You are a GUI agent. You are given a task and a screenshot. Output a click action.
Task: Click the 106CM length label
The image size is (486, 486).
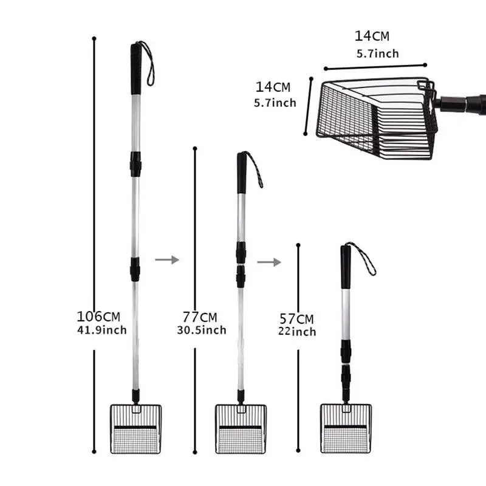point(98,316)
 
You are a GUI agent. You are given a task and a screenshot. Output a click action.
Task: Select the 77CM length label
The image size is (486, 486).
point(200,317)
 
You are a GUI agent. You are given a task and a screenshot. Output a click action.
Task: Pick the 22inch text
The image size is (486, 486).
point(298,332)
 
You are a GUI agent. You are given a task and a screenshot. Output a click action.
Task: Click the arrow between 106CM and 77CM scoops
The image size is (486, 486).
point(167,260)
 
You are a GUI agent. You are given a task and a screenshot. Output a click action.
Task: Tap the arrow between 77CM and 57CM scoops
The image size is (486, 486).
point(269,262)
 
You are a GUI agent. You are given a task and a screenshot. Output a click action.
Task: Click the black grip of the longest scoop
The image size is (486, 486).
point(136,69)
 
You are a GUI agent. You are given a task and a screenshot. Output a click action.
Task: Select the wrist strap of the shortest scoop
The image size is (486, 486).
point(364,258)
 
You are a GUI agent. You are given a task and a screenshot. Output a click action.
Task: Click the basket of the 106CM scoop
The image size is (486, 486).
point(135,428)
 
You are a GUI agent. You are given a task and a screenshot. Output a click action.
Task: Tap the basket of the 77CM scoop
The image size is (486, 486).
point(241,428)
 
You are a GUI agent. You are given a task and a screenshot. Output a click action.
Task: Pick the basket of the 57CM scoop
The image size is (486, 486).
point(346,428)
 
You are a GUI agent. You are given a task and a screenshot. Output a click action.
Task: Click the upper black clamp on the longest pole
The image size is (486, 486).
point(135,164)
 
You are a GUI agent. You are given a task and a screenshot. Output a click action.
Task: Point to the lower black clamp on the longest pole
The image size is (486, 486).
point(135,269)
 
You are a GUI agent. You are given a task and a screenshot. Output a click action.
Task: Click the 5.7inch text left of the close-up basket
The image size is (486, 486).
point(275,103)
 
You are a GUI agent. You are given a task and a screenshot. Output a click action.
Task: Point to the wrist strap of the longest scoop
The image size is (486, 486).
point(149,61)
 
